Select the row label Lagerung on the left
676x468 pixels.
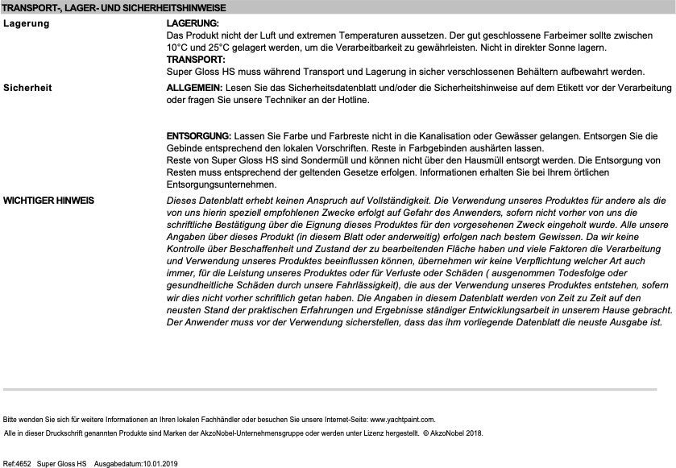27,23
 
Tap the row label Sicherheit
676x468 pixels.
27,87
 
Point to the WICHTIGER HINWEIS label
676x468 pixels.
48,199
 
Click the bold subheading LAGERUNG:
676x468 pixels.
192,24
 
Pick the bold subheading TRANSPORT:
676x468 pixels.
196,60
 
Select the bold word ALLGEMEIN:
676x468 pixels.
194,87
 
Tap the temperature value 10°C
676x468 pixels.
178,48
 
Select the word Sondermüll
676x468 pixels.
301,161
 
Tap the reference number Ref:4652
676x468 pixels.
18,464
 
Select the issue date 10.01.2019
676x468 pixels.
160,464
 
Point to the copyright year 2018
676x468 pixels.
470,433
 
